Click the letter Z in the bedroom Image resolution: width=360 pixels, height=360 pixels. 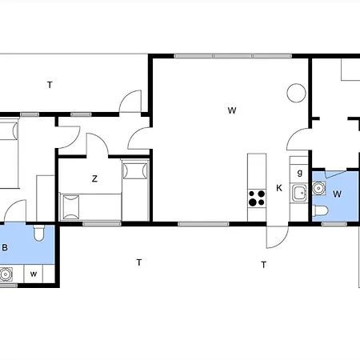tap(94, 178)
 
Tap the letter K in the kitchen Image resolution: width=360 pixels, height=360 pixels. tap(279, 188)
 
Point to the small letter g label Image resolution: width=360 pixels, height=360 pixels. tap(300, 173)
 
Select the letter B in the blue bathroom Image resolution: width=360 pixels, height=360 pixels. tap(5, 247)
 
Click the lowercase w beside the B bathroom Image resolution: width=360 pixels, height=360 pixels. tap(34, 274)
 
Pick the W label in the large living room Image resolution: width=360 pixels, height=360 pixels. tap(232, 110)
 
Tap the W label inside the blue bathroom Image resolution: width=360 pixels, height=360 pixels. tap(337, 194)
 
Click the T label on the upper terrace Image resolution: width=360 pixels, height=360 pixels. tap(50, 85)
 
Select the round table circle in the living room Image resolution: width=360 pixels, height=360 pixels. tap(296, 93)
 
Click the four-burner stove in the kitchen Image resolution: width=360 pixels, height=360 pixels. tap(257, 198)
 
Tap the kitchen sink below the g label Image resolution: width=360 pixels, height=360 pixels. tap(299, 193)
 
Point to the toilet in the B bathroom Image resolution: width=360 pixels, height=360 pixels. tap(39, 233)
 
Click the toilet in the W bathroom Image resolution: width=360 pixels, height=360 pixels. tap(321, 211)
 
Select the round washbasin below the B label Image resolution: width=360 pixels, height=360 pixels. tap(6, 274)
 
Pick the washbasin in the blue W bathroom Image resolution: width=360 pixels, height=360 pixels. tap(318, 188)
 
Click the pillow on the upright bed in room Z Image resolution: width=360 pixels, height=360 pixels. tap(135, 170)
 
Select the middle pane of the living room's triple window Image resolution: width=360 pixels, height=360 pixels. tap(233, 56)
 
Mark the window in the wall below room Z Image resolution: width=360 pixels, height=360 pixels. tap(102, 224)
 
